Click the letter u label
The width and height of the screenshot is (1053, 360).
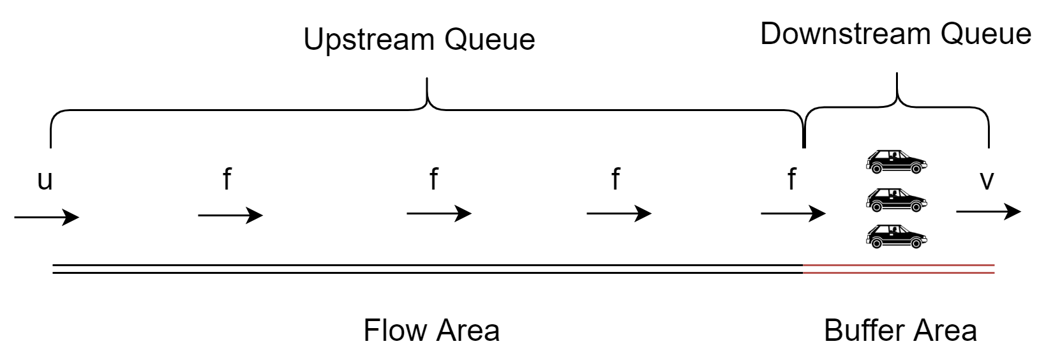point(45,181)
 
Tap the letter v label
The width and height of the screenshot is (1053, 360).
point(987,181)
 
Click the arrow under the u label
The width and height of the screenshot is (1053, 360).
point(47,218)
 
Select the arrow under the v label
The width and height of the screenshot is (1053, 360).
point(988,211)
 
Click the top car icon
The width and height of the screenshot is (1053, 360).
point(896,162)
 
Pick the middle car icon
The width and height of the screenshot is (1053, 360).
point(896,200)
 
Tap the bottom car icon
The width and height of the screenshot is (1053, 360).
point(896,236)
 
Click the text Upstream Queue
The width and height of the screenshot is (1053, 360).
point(419,40)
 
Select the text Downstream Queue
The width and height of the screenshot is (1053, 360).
point(895,34)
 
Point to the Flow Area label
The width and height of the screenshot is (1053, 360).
point(431,331)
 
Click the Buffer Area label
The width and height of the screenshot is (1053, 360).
point(900,331)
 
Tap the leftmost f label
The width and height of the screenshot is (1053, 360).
point(227,179)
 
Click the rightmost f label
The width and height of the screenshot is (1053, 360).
point(791,179)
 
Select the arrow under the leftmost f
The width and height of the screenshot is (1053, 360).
point(230,215)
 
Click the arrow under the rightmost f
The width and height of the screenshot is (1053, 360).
point(793,213)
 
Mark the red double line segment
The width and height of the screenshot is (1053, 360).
point(899,269)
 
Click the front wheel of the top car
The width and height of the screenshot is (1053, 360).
point(916,169)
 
